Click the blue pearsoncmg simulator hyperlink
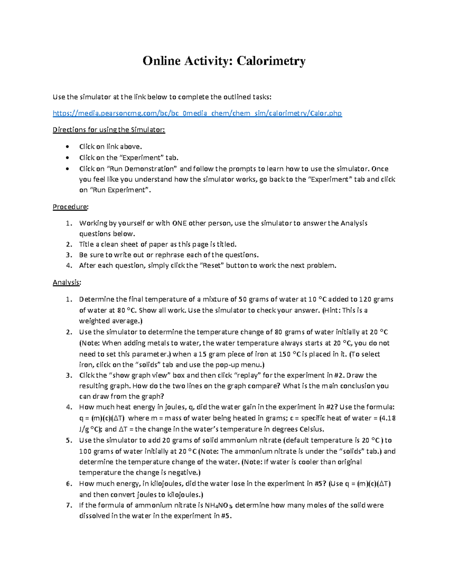point(197,113)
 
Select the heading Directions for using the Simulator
point(109,130)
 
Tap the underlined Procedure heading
point(70,207)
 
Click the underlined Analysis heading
point(67,282)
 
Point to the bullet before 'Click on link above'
point(67,147)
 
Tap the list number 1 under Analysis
point(68,299)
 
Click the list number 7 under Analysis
point(68,505)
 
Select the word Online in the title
point(161,61)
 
